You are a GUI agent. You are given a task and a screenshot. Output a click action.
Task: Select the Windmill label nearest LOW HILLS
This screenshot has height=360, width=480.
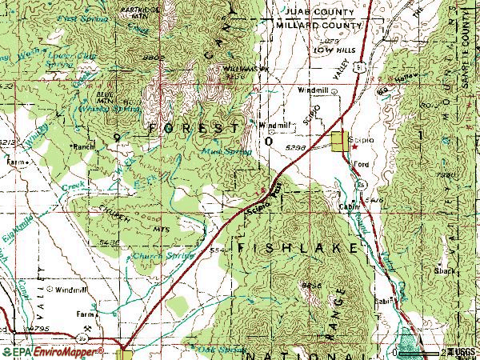[x=314, y=90]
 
